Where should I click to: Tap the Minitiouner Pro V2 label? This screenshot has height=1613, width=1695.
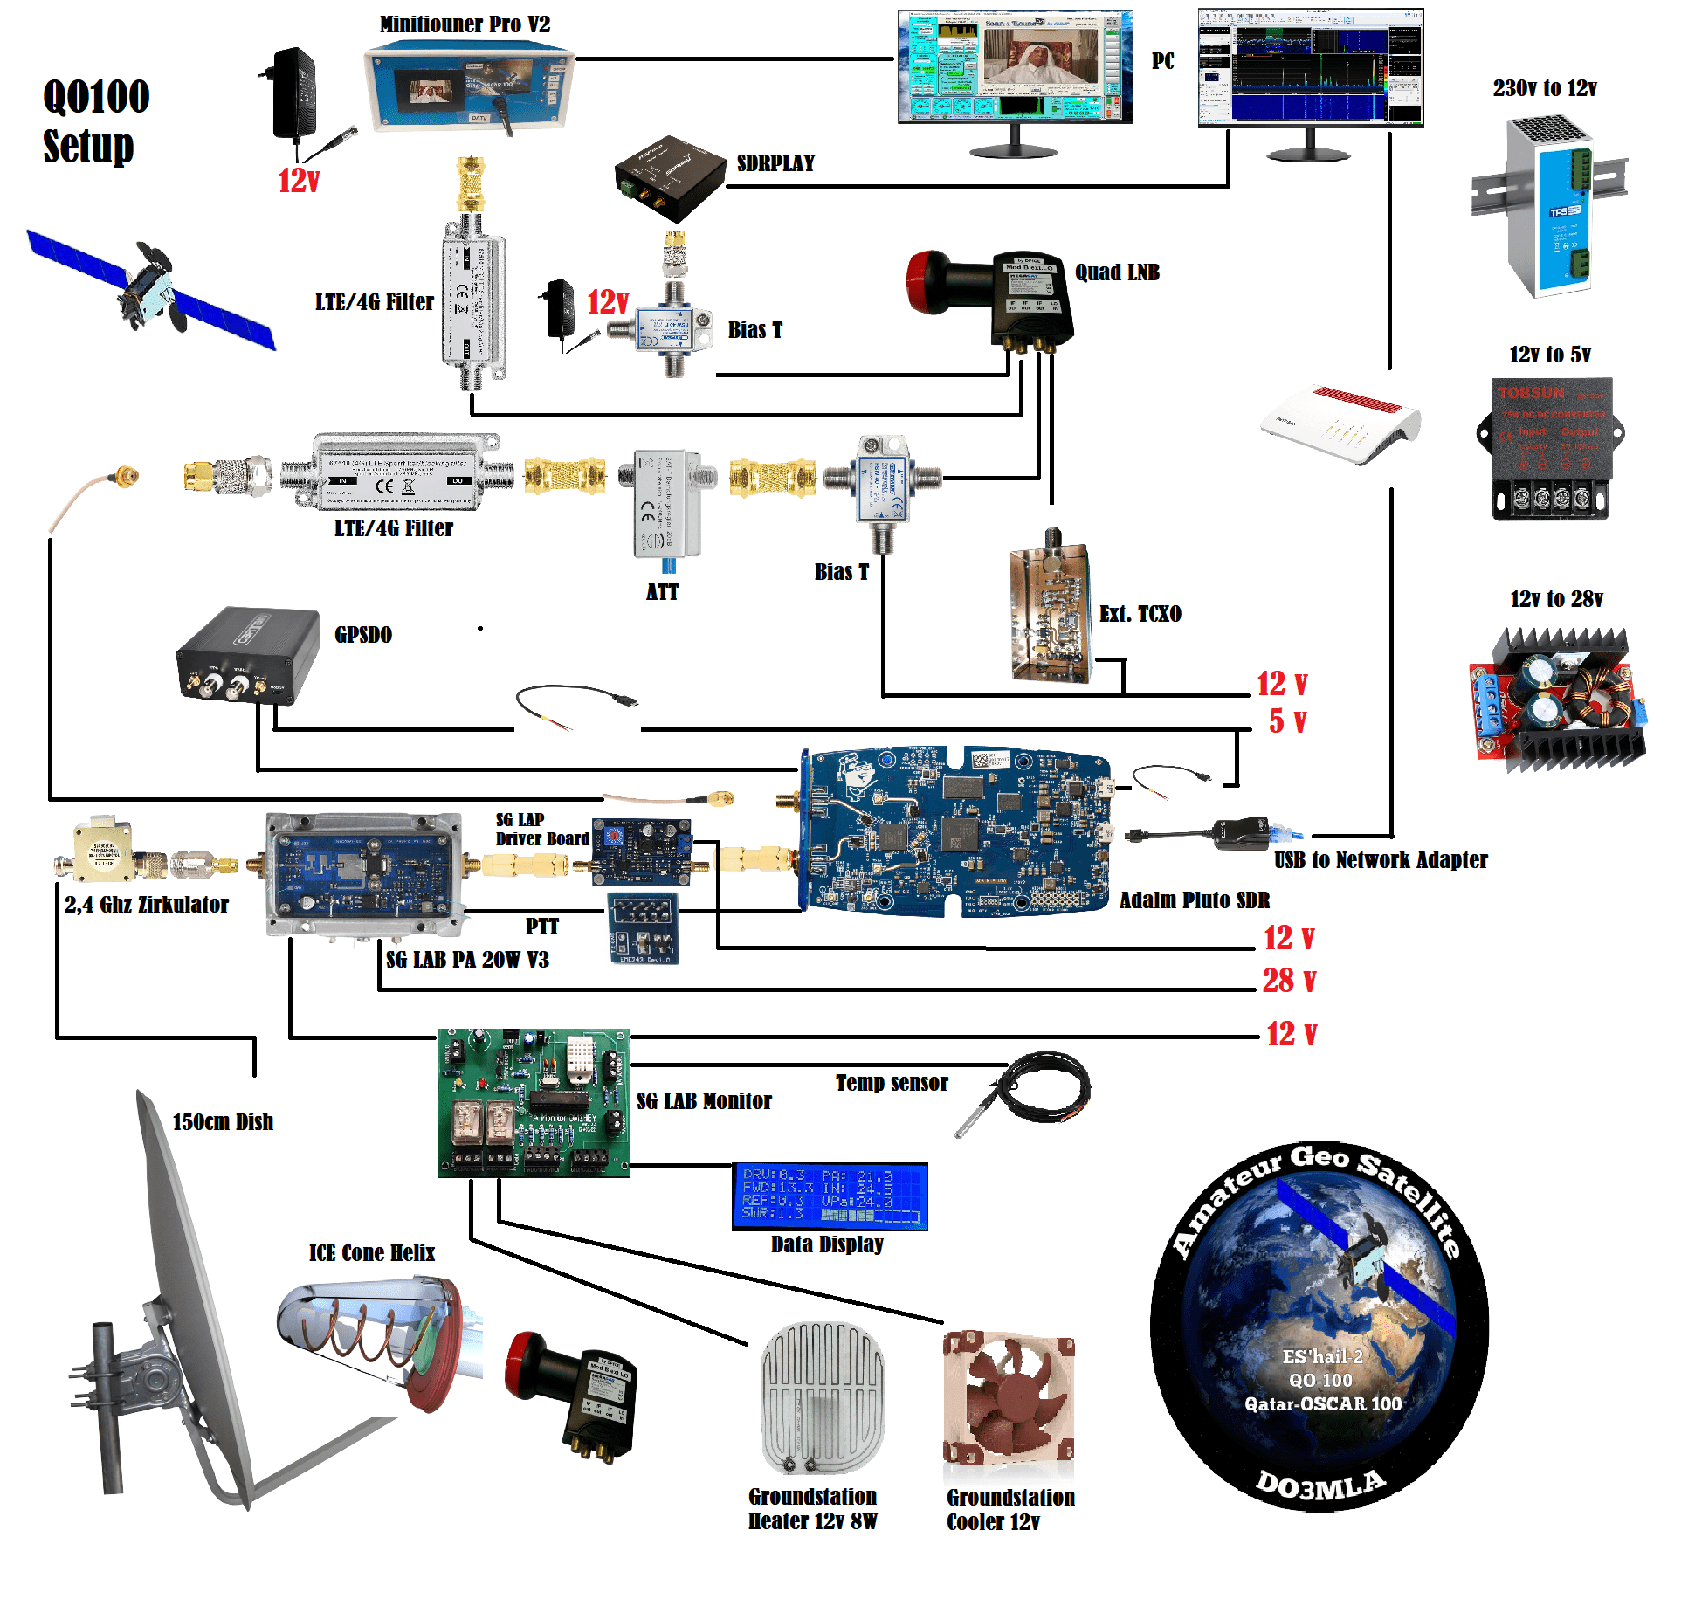465,24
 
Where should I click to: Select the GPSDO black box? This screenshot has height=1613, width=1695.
248,654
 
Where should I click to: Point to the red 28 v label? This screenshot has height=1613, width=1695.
1288,981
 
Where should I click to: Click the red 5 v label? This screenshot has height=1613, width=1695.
1287,721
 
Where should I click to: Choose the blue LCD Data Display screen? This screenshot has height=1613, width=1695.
830,1196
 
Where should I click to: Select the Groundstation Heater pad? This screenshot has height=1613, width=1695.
822,1397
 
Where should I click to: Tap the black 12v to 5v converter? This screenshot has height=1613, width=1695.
1550,448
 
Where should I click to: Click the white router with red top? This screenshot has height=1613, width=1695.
1340,424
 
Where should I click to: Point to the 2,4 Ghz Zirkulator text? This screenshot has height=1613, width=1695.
147,905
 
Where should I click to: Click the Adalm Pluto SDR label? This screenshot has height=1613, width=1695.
1194,900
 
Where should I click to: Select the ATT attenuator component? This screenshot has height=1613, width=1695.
666,505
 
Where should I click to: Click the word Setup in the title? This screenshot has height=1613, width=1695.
88,146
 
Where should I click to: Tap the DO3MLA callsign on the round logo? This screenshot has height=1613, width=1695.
1319,1484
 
